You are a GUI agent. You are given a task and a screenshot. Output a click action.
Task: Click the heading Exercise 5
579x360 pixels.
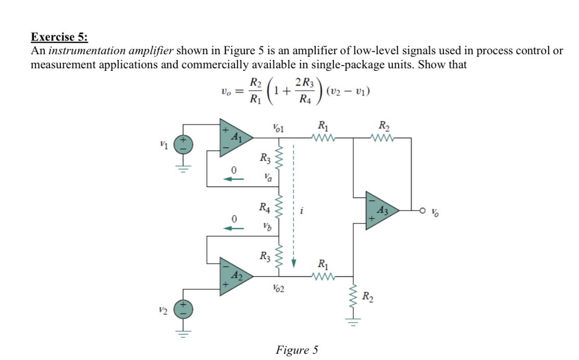click(x=59, y=37)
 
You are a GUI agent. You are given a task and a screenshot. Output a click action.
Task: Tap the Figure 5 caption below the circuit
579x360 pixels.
click(x=297, y=350)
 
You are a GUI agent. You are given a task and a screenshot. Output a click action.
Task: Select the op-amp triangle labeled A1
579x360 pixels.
click(x=235, y=138)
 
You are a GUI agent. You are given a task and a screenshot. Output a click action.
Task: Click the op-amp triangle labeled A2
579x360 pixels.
click(x=235, y=274)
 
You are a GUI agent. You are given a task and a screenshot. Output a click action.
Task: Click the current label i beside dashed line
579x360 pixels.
click(x=301, y=212)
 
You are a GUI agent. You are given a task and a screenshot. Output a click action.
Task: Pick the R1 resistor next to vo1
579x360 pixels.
click(x=323, y=138)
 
